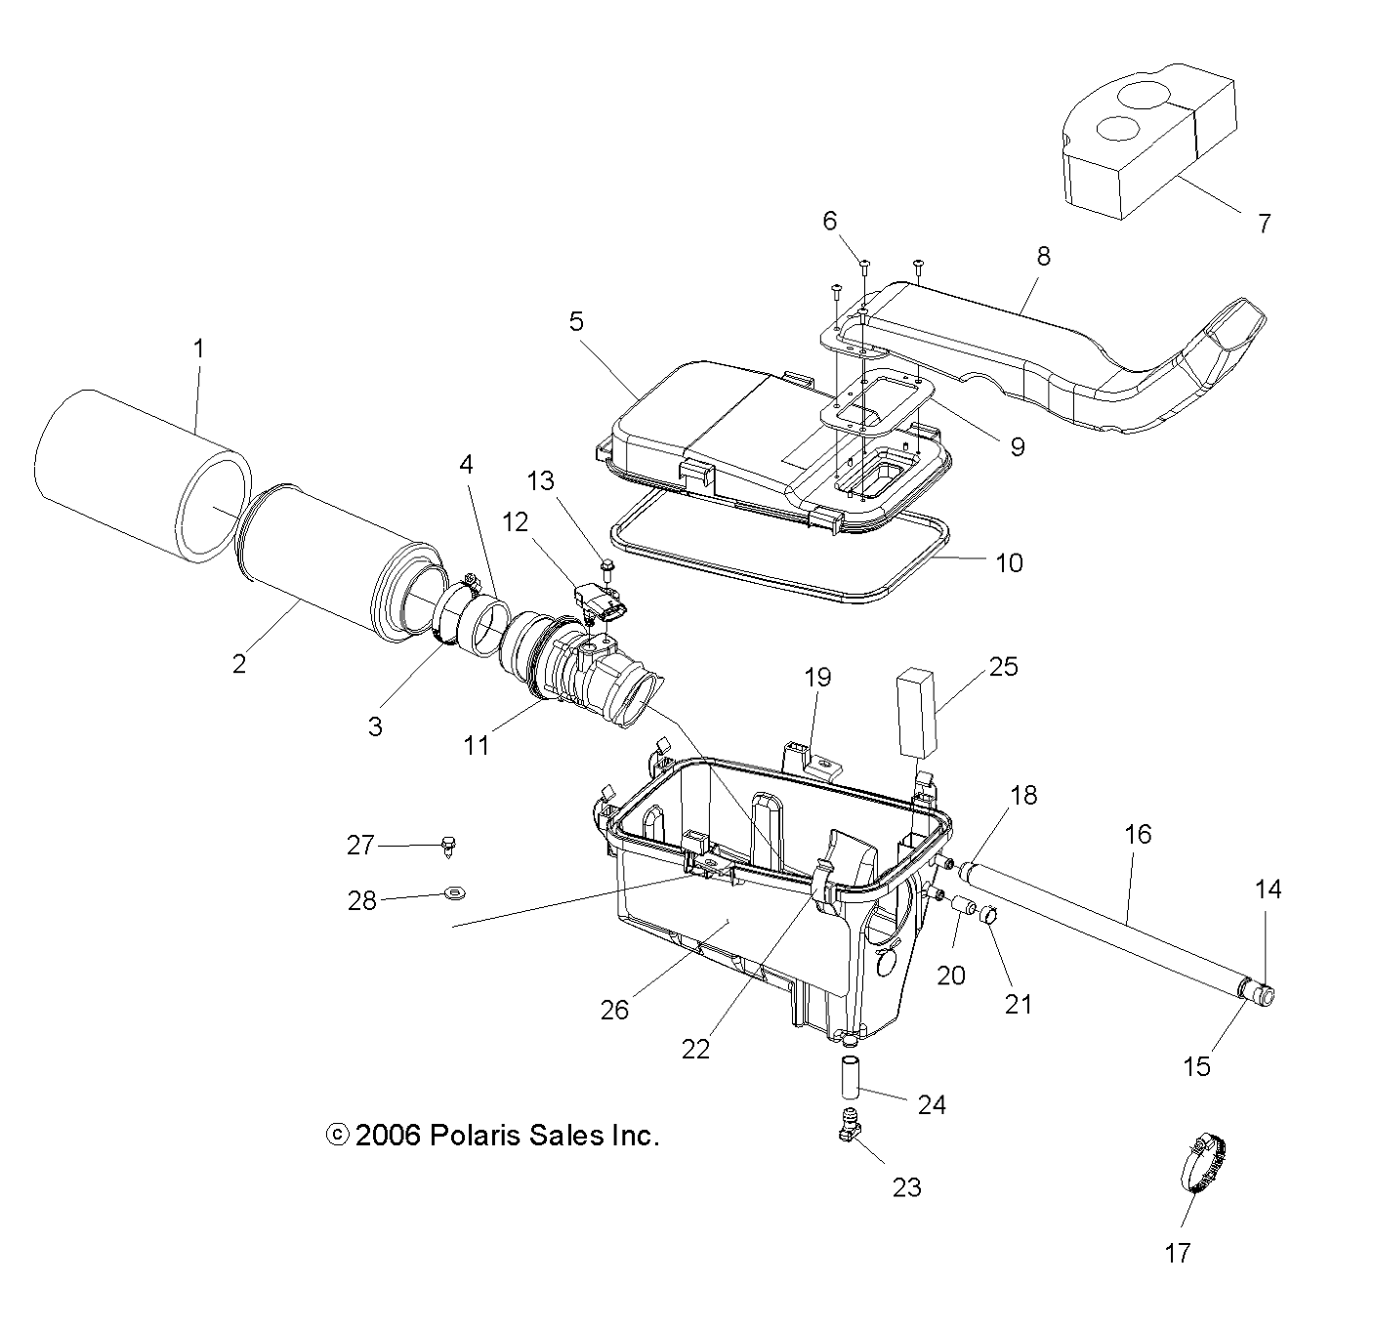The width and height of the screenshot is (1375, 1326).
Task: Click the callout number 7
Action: coord(1264,224)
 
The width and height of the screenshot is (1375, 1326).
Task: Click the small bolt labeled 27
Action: coord(448,845)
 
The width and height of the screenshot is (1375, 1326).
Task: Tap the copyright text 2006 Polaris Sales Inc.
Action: coord(493,1136)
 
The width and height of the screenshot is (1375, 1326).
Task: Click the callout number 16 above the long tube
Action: coord(1138,834)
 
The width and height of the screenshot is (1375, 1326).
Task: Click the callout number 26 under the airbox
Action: coord(614,1010)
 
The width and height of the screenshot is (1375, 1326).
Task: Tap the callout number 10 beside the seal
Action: coord(1009,562)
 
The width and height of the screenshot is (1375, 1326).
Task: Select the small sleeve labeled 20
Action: coord(965,906)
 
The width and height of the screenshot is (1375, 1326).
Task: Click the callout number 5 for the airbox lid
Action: coord(576,321)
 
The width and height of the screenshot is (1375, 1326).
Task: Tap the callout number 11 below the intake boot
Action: coord(476,745)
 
